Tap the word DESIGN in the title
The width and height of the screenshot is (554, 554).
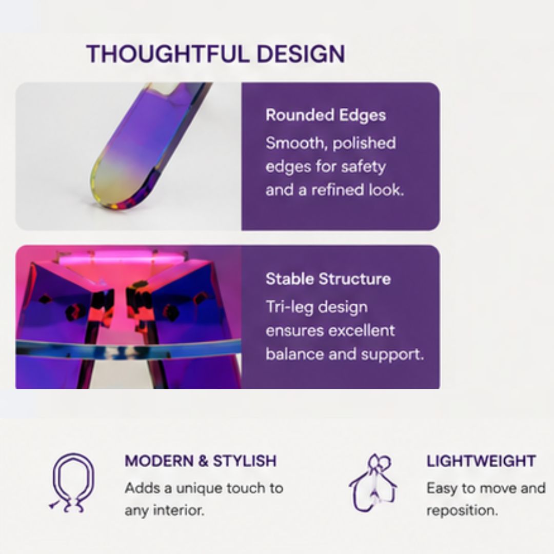tap(301, 54)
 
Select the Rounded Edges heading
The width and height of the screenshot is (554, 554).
tap(325, 115)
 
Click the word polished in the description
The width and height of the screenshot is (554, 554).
tap(364, 144)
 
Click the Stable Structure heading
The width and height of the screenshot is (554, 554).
tap(328, 279)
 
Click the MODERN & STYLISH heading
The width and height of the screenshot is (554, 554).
tap(201, 461)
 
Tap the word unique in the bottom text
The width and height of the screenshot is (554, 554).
tap(199, 489)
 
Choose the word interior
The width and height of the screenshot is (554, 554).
tap(178, 510)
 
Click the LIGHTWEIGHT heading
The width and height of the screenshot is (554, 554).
tap(481, 461)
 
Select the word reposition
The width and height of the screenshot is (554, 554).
tap(462, 511)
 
